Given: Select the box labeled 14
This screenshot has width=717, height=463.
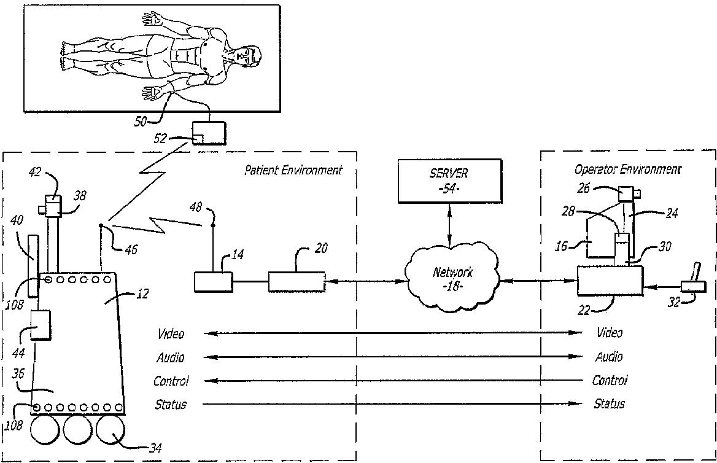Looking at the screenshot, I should (x=212, y=282).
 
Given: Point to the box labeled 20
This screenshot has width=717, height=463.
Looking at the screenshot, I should (x=296, y=282).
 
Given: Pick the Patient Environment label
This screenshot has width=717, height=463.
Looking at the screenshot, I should (x=293, y=170).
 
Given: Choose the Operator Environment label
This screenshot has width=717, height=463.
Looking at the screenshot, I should (x=627, y=169).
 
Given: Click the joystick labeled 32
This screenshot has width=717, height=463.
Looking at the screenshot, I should (x=695, y=280).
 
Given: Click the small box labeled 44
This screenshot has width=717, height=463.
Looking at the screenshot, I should (x=41, y=325).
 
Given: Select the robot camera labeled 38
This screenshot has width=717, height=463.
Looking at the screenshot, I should (x=54, y=206).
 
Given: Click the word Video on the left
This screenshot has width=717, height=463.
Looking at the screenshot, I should (x=171, y=334).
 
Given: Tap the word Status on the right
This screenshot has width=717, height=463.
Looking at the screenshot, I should (x=609, y=403).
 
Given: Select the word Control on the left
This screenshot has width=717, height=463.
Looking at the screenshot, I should (x=171, y=381).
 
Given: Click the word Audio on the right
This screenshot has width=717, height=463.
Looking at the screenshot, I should (x=609, y=357).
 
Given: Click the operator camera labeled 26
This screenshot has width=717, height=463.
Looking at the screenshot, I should (x=628, y=194).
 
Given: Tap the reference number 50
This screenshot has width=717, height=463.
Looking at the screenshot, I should (x=141, y=122).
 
